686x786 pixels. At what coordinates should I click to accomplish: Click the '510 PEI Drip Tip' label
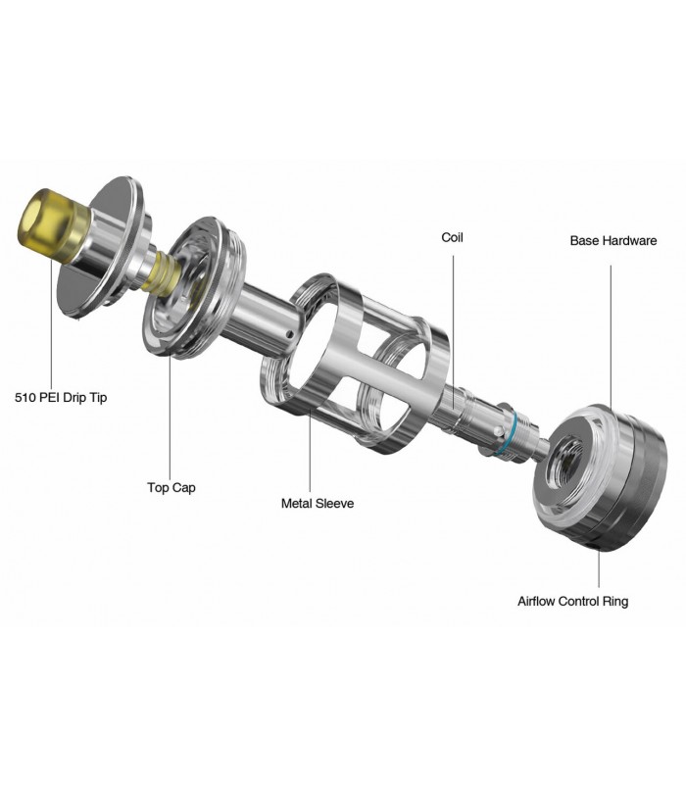pos(61,398)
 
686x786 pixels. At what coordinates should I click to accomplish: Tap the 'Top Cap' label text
pos(171,488)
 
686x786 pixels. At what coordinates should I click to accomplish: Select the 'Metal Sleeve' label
pos(318,504)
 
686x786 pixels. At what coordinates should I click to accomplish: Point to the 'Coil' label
pos(452,237)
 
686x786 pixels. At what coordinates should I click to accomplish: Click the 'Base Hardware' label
pos(613,241)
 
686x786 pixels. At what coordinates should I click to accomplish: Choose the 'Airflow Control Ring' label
pos(572,601)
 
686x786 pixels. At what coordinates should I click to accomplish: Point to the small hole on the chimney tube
pos(288,333)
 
